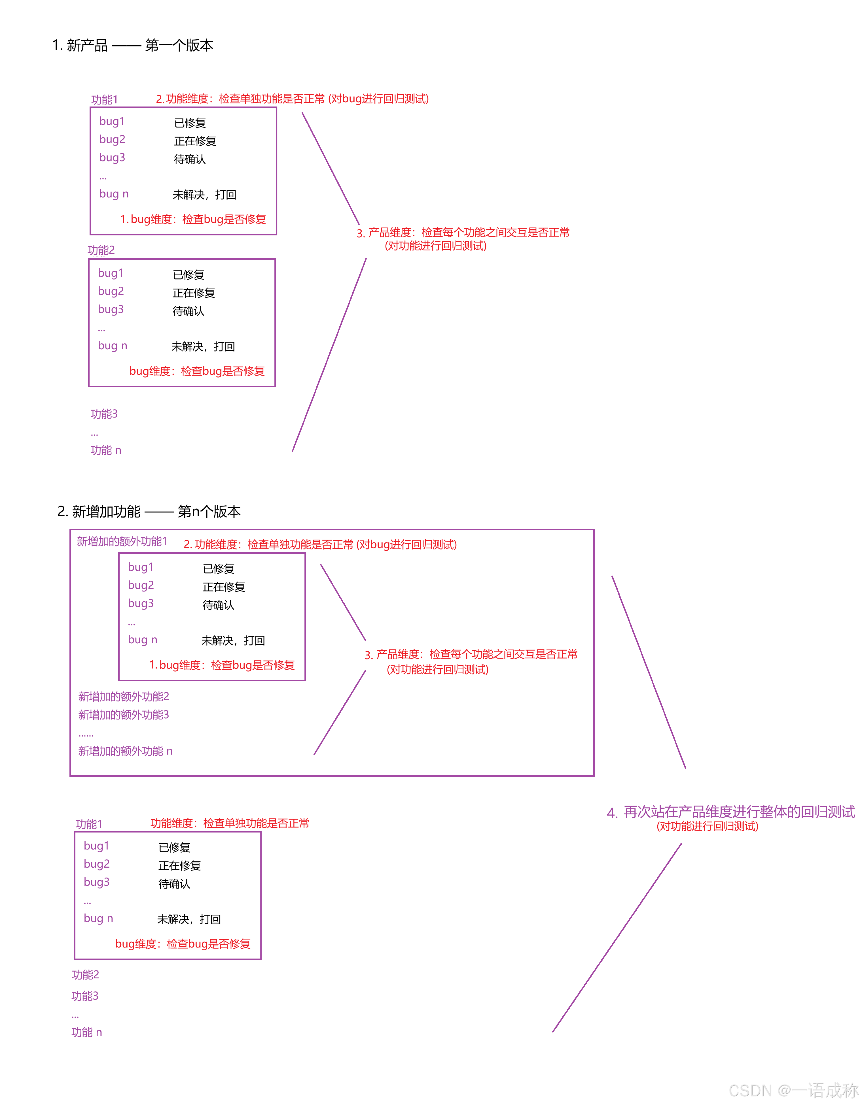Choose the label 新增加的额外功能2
pyautogui.click(x=124, y=697)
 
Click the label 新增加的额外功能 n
pyautogui.click(x=125, y=751)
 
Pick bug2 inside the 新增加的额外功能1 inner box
pyautogui.click(x=141, y=585)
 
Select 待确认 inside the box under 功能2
pyautogui.click(x=188, y=311)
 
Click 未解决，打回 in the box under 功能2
pyautogui.click(x=203, y=347)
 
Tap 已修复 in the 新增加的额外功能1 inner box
pyautogui.click(x=219, y=569)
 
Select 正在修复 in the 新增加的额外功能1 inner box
pyautogui.click(x=224, y=587)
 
